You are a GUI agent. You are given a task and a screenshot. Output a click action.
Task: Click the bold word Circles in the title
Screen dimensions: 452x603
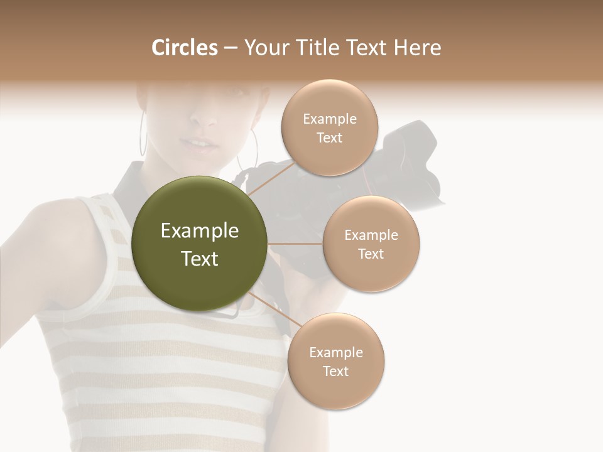pyautogui.click(x=185, y=48)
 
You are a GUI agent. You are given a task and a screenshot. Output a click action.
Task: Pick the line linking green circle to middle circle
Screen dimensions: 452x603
pyautogui.click(x=295, y=244)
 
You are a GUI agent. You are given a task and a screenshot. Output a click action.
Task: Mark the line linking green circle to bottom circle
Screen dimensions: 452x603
pyautogui.click(x=269, y=308)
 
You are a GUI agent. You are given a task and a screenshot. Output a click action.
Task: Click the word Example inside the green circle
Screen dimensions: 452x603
pyautogui.click(x=200, y=231)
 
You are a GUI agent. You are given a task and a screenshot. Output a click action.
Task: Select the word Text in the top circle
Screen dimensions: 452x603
pyautogui.click(x=329, y=138)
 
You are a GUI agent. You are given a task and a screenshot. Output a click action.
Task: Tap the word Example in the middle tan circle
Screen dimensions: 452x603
pyautogui.click(x=371, y=235)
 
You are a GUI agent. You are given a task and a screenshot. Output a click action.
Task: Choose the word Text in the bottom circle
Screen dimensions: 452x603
pyautogui.click(x=335, y=372)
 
